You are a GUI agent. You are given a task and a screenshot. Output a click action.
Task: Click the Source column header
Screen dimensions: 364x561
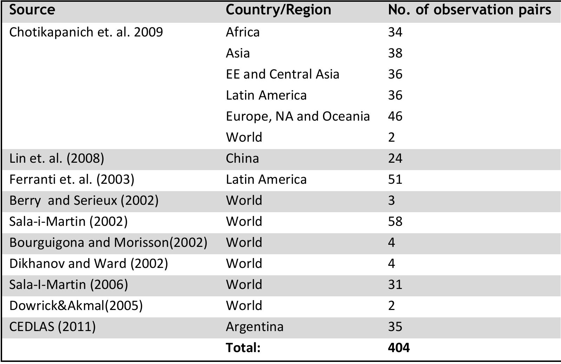[32, 10]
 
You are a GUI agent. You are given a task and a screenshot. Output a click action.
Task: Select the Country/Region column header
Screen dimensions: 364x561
[278, 10]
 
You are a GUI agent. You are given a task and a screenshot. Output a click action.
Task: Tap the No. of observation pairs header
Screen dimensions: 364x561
[469, 10]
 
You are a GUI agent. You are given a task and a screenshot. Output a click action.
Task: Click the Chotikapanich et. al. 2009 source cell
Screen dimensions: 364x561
[86, 32]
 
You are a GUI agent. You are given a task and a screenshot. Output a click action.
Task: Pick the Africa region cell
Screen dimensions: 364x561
[243, 32]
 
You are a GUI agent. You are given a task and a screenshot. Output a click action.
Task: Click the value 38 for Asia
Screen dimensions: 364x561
[395, 53]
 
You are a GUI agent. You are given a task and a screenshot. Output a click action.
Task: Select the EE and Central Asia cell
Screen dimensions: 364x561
[283, 74]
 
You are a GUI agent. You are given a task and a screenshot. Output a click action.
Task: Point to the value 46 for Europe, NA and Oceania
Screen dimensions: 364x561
[395, 116]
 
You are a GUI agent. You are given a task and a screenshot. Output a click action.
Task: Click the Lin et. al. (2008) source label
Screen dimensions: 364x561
[57, 159]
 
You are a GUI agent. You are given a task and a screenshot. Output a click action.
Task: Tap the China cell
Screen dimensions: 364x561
[242, 159]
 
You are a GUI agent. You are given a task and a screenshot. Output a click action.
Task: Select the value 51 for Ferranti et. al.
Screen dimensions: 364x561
[395, 180]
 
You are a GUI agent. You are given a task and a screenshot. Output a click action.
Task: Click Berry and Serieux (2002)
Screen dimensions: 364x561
[84, 201]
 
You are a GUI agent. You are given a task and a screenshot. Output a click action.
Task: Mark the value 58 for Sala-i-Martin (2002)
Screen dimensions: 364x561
[395, 222]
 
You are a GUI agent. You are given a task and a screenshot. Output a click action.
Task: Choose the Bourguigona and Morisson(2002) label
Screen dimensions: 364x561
[108, 243]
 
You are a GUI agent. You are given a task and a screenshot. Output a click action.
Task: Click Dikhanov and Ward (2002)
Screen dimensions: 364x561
[88, 264]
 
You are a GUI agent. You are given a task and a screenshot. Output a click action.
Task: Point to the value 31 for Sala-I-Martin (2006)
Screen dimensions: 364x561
[395, 284]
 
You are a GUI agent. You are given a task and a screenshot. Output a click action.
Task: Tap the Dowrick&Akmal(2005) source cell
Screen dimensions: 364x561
[76, 306]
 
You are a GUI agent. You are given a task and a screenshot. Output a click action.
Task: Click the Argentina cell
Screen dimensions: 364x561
[255, 327]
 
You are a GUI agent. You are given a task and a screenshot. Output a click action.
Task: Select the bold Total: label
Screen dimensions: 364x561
[243, 348]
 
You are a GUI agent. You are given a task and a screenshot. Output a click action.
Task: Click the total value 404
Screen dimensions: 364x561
[398, 348]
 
